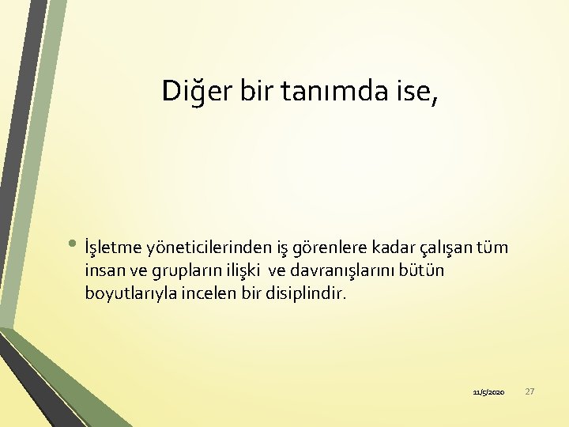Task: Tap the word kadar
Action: (x=385, y=248)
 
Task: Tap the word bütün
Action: (x=425, y=271)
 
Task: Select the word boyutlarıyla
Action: (x=127, y=294)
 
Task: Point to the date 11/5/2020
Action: (x=488, y=392)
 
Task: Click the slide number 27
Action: (x=530, y=391)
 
